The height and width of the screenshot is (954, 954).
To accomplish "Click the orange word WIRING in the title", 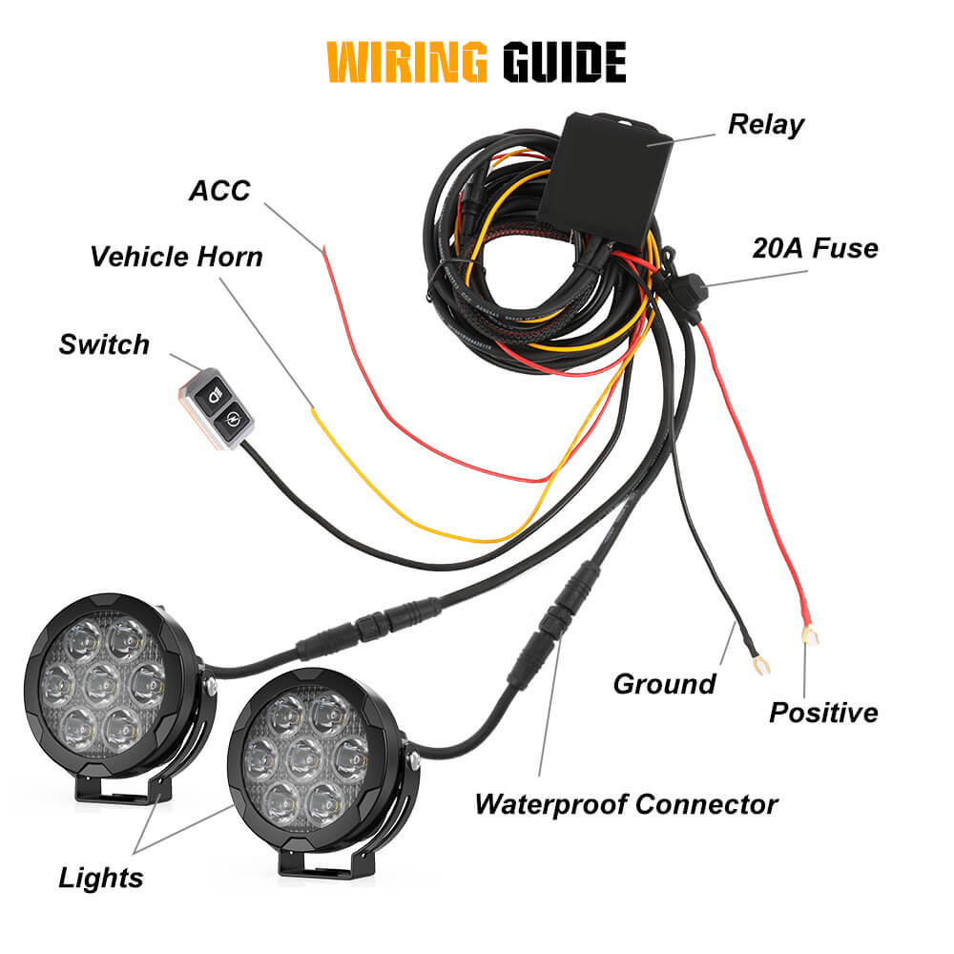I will pyautogui.click(x=406, y=63).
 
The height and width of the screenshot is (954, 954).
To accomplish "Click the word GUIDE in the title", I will pyautogui.click(x=564, y=63).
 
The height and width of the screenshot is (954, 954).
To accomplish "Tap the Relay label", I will pyautogui.click(x=766, y=124).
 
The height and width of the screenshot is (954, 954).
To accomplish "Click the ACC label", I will pyautogui.click(x=219, y=190).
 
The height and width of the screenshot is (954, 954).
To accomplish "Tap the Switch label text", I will pyautogui.click(x=104, y=343).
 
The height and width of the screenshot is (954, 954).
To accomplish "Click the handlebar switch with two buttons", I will pyautogui.click(x=217, y=405).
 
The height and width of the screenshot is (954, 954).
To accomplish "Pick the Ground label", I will pyautogui.click(x=664, y=683).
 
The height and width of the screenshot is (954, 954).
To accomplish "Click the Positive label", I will pyautogui.click(x=823, y=712).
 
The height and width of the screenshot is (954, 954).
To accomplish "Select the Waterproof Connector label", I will pyautogui.click(x=626, y=803).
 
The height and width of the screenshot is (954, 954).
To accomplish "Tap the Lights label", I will pyautogui.click(x=101, y=877).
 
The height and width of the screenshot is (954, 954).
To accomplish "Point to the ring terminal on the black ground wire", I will pyautogui.click(x=759, y=662).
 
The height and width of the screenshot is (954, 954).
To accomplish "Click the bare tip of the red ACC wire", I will pyautogui.click(x=325, y=250).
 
